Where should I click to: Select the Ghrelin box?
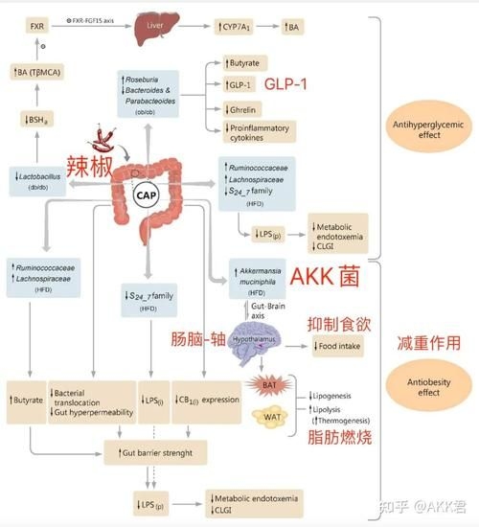[x=242, y=109]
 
